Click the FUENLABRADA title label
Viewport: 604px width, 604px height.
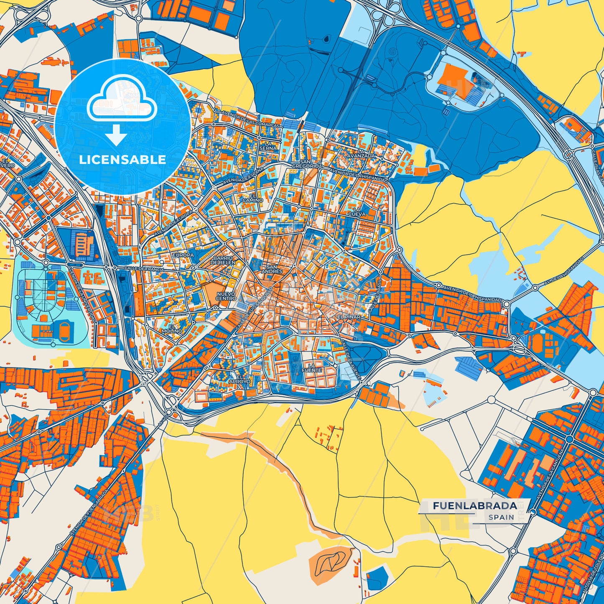click(x=474, y=506)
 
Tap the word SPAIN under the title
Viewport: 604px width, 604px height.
click(x=501, y=517)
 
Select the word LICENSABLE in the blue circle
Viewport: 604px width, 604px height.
click(x=122, y=160)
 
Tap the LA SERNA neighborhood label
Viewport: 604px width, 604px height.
click(x=268, y=145)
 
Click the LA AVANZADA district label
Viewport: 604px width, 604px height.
click(x=361, y=153)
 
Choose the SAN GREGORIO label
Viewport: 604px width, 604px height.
click(x=305, y=164)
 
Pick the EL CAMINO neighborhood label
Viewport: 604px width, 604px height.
click(x=253, y=198)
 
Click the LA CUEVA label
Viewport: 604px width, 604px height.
click(x=357, y=212)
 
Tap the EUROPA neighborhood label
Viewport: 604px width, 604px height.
click(x=183, y=255)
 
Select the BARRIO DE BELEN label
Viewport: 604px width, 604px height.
click(x=223, y=260)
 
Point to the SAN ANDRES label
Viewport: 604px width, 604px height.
click(x=272, y=269)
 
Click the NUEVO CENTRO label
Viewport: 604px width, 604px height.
click(x=226, y=296)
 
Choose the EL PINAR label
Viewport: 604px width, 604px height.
click(x=349, y=317)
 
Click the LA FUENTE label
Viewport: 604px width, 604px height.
click(x=312, y=368)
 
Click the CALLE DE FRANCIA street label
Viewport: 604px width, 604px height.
click(x=144, y=270)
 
